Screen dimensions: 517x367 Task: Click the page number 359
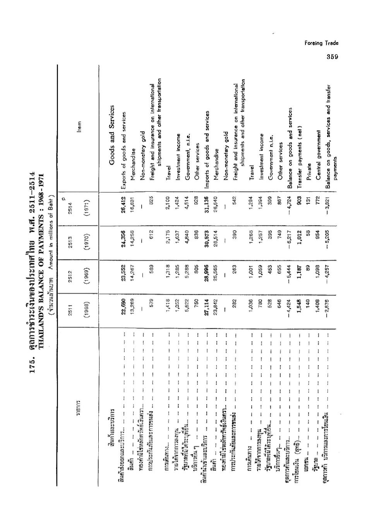[x=332, y=56]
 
